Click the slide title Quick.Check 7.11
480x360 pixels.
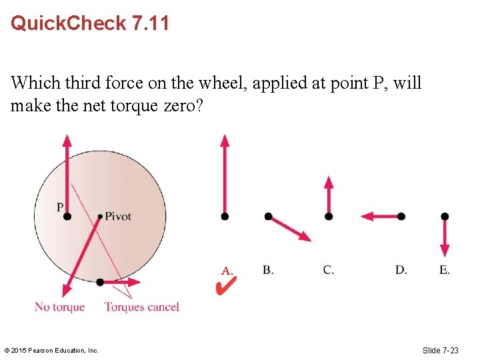tap(90, 24)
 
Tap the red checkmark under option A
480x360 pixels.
tap(226, 287)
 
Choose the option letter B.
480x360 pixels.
tap(268, 270)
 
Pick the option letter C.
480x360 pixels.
tap(329, 270)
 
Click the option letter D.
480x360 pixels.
tap(401, 270)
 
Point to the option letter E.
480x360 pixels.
tap(445, 270)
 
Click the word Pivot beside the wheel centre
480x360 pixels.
tap(118, 216)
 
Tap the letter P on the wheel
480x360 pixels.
tap(60, 207)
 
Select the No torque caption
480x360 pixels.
tap(59, 307)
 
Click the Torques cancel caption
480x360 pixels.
tap(141, 307)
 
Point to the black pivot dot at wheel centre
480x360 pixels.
tap(100, 216)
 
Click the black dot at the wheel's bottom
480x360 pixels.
tap(100, 282)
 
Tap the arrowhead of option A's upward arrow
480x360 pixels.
tap(225, 141)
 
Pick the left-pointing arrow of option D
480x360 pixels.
tap(380, 216)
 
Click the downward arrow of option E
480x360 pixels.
tap(445, 237)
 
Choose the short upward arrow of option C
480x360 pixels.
tap(328, 195)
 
